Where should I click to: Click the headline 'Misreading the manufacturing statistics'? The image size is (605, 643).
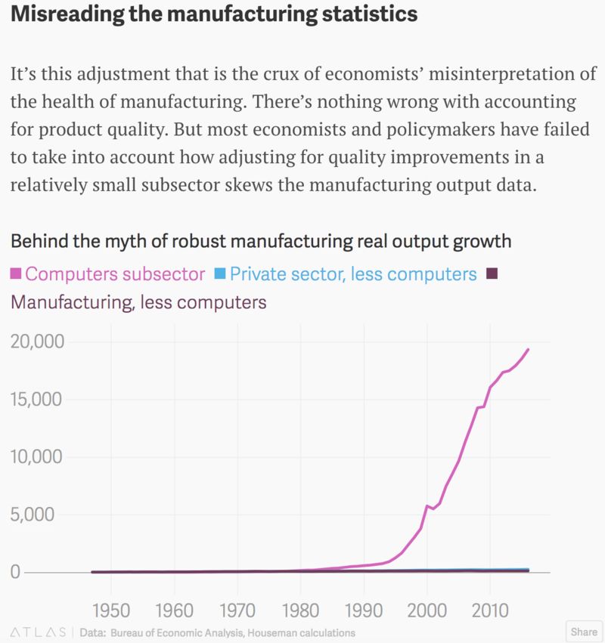point(214,14)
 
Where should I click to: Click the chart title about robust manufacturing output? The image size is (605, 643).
point(260,242)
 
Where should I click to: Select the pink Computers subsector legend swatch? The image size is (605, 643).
point(18,274)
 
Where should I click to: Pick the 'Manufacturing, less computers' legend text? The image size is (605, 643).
point(138,302)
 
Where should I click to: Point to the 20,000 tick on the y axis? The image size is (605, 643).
point(38,342)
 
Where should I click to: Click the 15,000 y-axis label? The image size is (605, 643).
point(38,399)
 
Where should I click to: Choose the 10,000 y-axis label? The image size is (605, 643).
point(38,457)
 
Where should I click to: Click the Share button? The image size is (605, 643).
point(583,632)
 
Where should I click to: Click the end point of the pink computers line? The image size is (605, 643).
point(528,349)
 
